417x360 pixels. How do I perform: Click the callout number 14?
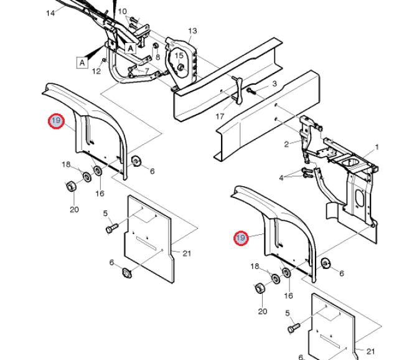coord(50,13)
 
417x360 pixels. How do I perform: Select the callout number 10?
coord(123,11)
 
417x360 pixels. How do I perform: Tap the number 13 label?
coord(192,31)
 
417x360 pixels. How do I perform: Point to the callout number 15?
coord(179,55)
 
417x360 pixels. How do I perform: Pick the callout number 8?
coord(157,57)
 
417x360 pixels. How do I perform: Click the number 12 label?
coord(96,71)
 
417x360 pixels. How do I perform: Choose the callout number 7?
coord(147,71)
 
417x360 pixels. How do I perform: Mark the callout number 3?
coord(274,83)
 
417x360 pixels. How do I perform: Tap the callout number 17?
coord(220,116)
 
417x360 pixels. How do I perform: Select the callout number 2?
coord(286,144)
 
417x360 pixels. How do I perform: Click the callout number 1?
coord(377,147)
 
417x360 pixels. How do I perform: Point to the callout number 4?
coord(281,178)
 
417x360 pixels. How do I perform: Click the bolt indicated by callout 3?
coord(251,92)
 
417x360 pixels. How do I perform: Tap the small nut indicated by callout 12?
coord(104,60)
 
